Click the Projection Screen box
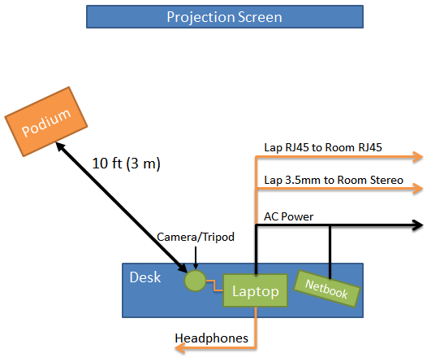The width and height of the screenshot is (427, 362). pyautogui.click(x=225, y=16)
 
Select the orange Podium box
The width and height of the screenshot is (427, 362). pyautogui.click(x=46, y=122)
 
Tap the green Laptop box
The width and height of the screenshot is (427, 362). pyautogui.click(x=255, y=290)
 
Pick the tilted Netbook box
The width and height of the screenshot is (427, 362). pyautogui.click(x=327, y=289)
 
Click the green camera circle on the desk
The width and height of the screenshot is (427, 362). pyautogui.click(x=195, y=281)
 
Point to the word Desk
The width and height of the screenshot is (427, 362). pyautogui.click(x=145, y=277)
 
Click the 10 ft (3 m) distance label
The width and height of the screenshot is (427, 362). pyautogui.click(x=127, y=164)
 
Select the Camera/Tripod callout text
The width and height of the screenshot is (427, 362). pyautogui.click(x=196, y=237)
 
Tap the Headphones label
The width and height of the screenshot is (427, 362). pyautogui.click(x=211, y=338)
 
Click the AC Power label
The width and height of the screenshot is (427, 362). pyautogui.click(x=289, y=217)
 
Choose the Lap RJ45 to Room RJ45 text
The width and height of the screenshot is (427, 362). pyautogui.click(x=323, y=147)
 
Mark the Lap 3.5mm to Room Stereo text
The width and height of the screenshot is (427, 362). pyautogui.click(x=334, y=181)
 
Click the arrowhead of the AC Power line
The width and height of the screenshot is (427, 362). pyautogui.click(x=418, y=225)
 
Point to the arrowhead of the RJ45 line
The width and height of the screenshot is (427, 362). pyautogui.click(x=418, y=157)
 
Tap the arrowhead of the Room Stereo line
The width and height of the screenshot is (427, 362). pyautogui.click(x=418, y=189)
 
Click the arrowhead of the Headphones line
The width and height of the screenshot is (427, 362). pyautogui.click(x=179, y=348)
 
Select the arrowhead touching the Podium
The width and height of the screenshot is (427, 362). pyautogui.click(x=60, y=146)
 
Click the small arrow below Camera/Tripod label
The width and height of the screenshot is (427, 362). pyautogui.click(x=196, y=258)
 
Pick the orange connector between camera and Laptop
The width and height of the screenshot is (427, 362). pyautogui.click(x=214, y=286)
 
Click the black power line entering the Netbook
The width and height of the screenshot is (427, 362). pyautogui.click(x=330, y=252)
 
